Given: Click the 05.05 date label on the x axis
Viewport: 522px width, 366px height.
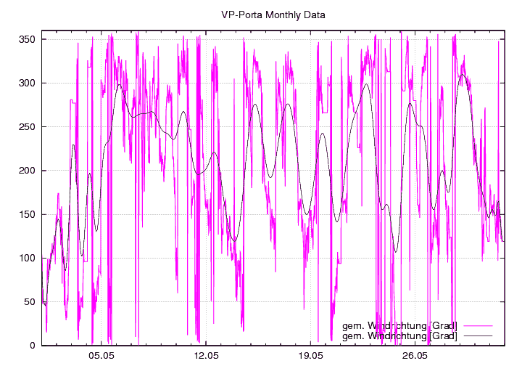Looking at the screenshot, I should (101, 357).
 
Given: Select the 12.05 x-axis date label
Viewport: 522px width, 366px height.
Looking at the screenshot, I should (206, 357).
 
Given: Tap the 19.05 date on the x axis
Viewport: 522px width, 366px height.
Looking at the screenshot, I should (310, 357).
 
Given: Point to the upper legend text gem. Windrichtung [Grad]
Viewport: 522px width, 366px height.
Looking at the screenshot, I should (399, 325).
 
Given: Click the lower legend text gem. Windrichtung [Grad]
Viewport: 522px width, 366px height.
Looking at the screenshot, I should (399, 335).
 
